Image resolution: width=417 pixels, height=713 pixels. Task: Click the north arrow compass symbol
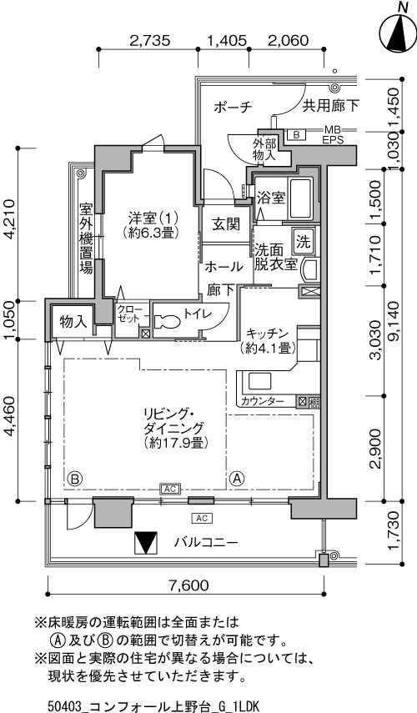coord(399,31)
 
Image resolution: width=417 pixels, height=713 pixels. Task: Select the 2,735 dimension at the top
coord(149,40)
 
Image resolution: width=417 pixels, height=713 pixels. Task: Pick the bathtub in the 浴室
coord(301,198)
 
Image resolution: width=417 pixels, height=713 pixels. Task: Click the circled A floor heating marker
coord(238,479)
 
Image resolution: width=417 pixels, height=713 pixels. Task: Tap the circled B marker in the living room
coord(75,479)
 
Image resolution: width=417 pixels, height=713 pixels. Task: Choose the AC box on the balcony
coord(203,518)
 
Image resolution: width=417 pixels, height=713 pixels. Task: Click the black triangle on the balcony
coord(147,543)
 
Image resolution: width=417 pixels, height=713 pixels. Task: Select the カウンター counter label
coord(263,401)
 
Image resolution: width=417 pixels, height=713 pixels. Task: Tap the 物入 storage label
coord(73,322)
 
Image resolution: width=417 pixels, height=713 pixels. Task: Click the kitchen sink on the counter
coord(259,380)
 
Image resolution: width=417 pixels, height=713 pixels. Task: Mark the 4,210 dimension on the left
coord(12,223)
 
